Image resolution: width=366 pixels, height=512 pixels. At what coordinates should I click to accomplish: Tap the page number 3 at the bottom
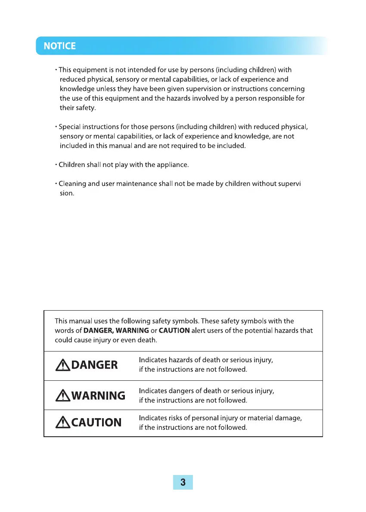pyautogui.click(x=183, y=482)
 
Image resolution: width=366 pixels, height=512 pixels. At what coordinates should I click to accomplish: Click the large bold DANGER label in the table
pyautogui.click(x=94, y=365)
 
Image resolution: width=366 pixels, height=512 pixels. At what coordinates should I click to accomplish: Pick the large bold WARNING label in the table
pyautogui.click(x=98, y=395)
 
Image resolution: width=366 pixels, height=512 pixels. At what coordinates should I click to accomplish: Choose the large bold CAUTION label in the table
pyautogui.click(x=96, y=423)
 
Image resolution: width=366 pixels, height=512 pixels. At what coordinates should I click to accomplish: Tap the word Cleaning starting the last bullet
pyautogui.click(x=72, y=184)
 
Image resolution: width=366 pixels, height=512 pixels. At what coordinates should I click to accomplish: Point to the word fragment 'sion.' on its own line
pyautogui.click(x=67, y=194)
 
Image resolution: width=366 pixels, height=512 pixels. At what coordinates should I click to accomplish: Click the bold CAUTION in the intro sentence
pyautogui.click(x=174, y=330)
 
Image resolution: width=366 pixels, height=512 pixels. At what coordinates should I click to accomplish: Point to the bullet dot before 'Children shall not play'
pyautogui.click(x=56, y=165)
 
